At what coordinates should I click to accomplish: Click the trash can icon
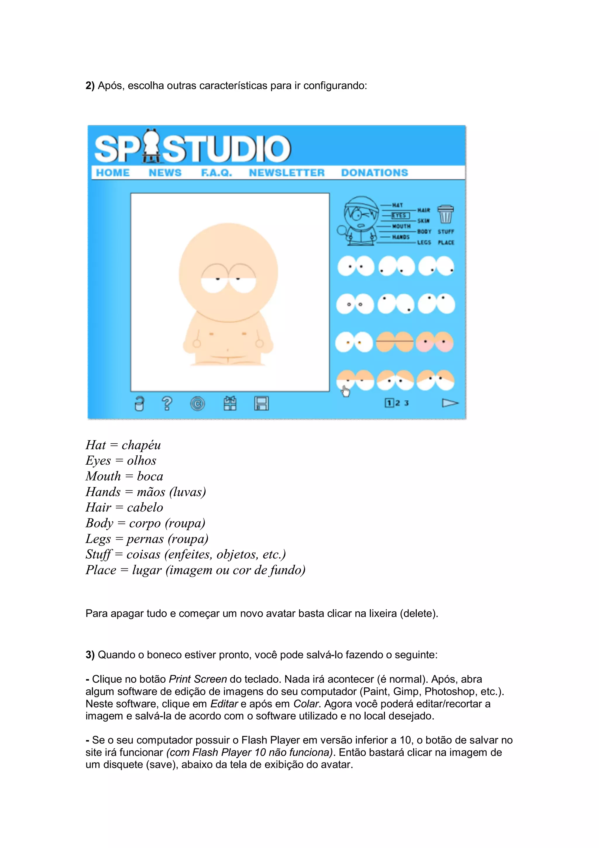click(x=445, y=214)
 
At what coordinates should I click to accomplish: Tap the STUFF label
click(x=446, y=231)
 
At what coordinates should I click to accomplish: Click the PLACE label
click(x=446, y=243)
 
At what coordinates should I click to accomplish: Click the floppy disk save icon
click(x=261, y=403)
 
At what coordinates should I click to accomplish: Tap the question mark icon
click(x=167, y=403)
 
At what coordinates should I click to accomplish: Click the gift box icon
click(x=230, y=403)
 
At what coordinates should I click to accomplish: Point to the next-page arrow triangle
click(x=450, y=403)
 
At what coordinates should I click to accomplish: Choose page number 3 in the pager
click(x=406, y=403)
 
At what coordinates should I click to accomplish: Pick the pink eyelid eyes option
click(x=435, y=342)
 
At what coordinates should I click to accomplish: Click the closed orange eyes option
click(x=395, y=342)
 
